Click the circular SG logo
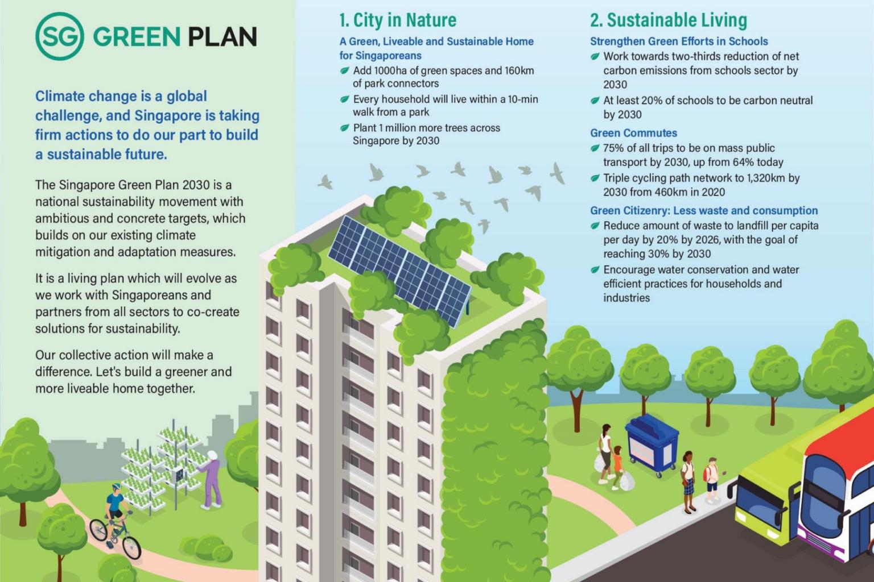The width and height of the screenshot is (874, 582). pos(60,37)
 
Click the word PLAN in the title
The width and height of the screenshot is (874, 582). pos(221,38)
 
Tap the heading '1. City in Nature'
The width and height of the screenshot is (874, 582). pos(397,20)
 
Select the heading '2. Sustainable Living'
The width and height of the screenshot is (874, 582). pos(668,20)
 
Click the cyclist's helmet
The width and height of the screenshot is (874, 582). pos(116,488)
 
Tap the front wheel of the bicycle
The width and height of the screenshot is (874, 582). pos(131,546)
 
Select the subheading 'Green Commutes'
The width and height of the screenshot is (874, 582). pos(633,133)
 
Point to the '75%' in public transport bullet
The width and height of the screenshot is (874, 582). pos(615,148)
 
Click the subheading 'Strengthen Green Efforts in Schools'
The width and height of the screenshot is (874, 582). pos(678,41)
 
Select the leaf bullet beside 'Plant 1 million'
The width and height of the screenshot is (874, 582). pos(344,128)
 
